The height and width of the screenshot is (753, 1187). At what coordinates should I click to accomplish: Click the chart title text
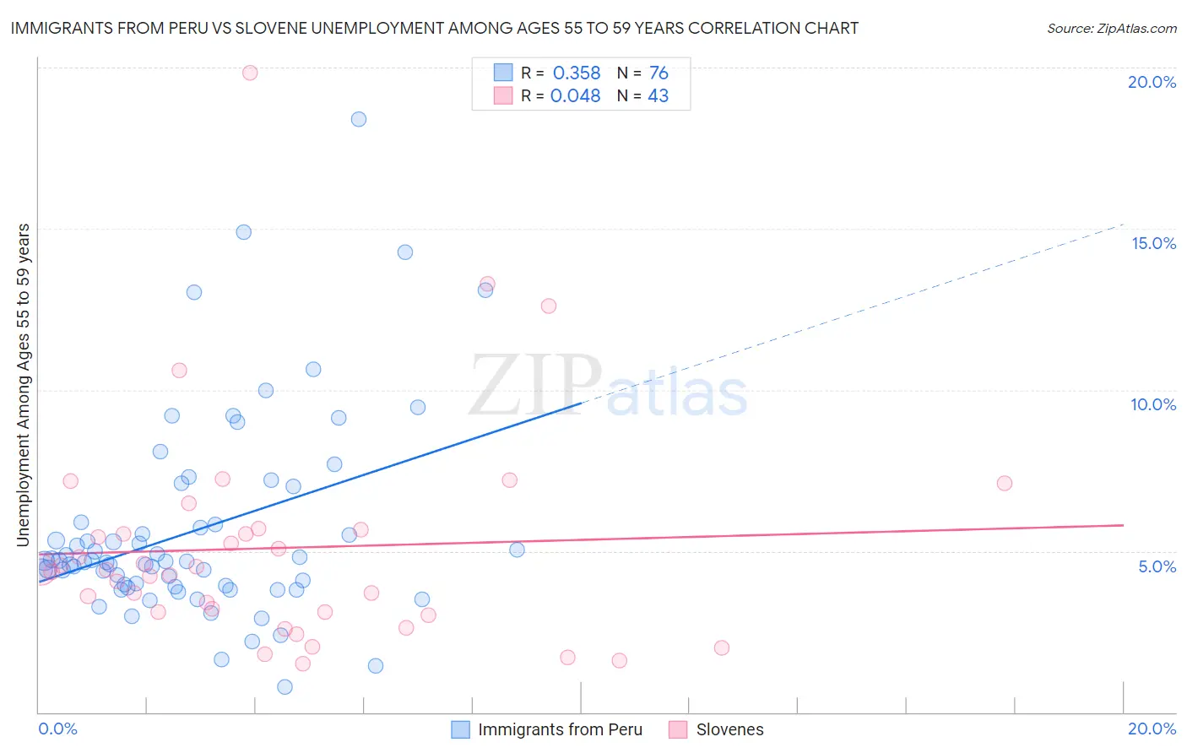click(434, 28)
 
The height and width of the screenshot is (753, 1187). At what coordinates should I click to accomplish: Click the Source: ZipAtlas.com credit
click(1111, 28)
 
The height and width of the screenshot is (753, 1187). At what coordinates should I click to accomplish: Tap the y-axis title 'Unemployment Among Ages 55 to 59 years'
click(24, 384)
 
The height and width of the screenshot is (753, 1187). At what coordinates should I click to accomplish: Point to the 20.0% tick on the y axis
click(1152, 82)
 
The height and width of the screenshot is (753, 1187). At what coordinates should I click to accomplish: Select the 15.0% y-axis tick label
click(1153, 243)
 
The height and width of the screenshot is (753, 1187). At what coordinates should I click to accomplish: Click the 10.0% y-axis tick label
click(1153, 404)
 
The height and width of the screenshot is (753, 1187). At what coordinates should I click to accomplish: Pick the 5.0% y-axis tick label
click(1157, 566)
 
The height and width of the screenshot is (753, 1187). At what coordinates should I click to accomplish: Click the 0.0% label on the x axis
click(57, 729)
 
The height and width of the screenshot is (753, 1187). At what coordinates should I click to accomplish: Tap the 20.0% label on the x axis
click(1152, 729)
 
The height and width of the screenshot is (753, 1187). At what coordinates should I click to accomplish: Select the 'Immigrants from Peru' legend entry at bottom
click(560, 729)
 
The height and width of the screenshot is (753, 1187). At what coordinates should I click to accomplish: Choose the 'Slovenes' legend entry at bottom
click(729, 729)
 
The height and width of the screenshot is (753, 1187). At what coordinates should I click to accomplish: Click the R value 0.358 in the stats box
click(577, 73)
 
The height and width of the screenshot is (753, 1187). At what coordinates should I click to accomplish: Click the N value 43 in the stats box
click(658, 96)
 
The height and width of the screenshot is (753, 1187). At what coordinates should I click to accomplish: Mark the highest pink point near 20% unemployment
click(250, 73)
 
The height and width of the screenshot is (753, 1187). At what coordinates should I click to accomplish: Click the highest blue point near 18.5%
click(359, 119)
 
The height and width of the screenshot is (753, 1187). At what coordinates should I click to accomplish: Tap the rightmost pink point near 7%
click(1004, 483)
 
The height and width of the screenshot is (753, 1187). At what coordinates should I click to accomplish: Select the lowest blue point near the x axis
click(285, 686)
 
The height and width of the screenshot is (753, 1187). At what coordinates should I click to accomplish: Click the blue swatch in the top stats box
click(503, 73)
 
